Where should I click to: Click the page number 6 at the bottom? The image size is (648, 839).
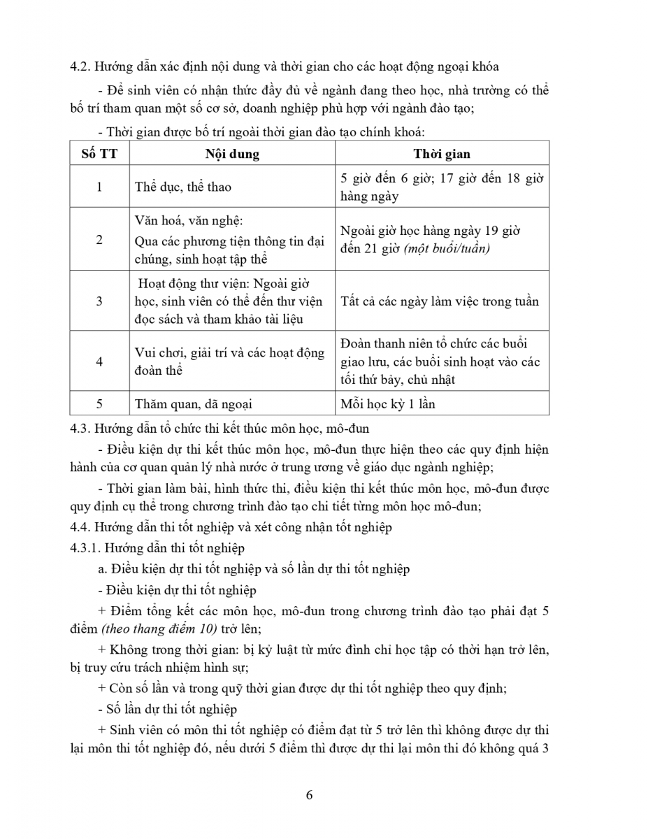(x=309, y=795)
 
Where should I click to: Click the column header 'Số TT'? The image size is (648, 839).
(x=99, y=154)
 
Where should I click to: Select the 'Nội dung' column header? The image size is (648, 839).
(x=232, y=154)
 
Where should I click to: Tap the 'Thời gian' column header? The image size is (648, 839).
(x=442, y=154)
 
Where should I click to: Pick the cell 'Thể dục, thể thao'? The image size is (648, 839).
(x=182, y=187)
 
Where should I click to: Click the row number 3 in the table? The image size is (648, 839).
(x=99, y=301)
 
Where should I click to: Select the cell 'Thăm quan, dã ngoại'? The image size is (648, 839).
(x=193, y=403)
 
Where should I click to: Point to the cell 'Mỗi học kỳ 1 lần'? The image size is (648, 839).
(x=387, y=403)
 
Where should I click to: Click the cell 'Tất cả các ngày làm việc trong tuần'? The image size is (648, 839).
(x=440, y=301)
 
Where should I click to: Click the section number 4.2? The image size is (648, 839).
(x=80, y=66)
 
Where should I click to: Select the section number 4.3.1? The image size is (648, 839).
(x=85, y=548)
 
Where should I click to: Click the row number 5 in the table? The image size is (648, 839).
(x=99, y=403)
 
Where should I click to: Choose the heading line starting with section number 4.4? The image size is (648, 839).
(x=231, y=528)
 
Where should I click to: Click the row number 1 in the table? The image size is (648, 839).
(x=99, y=187)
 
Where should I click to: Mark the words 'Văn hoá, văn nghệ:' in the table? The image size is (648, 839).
(x=189, y=221)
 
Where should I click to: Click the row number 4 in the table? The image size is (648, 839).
(x=99, y=361)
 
